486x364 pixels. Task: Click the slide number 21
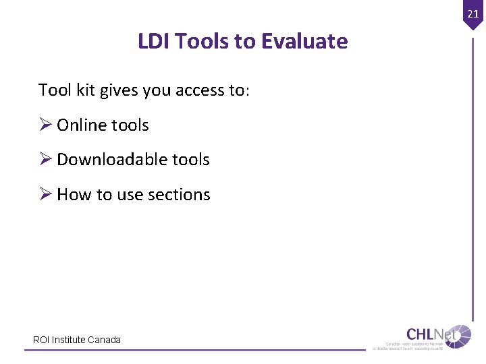[x=472, y=13]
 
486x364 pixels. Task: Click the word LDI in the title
[x=153, y=42]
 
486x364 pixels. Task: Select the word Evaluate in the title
[x=304, y=42]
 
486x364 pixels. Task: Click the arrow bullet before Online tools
[x=45, y=125]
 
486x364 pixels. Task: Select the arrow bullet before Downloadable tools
[x=45, y=160]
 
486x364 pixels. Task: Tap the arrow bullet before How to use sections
[x=45, y=195]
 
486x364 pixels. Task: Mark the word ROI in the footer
[x=41, y=340]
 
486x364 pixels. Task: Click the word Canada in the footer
[x=105, y=340]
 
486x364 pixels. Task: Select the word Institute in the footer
[x=69, y=340]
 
